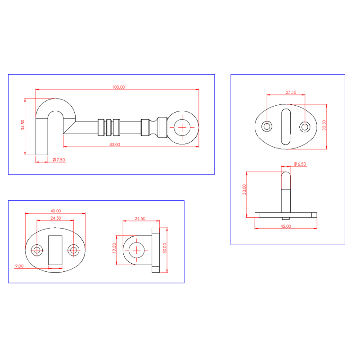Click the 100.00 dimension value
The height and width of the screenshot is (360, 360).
pos(118,87)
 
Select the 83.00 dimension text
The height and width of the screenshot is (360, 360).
pos(115,144)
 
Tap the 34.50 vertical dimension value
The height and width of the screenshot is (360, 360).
pos(23,125)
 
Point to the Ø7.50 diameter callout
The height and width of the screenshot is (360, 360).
pos(59,160)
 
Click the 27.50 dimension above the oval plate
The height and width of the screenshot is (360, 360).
pos(291,93)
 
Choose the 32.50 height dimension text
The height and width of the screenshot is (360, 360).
pos(324,126)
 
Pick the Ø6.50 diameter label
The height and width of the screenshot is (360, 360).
pos(300,164)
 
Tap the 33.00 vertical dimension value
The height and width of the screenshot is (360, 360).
pos(244,189)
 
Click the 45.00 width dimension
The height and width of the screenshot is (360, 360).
pos(286,226)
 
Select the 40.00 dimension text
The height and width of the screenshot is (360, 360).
pos(56,211)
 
